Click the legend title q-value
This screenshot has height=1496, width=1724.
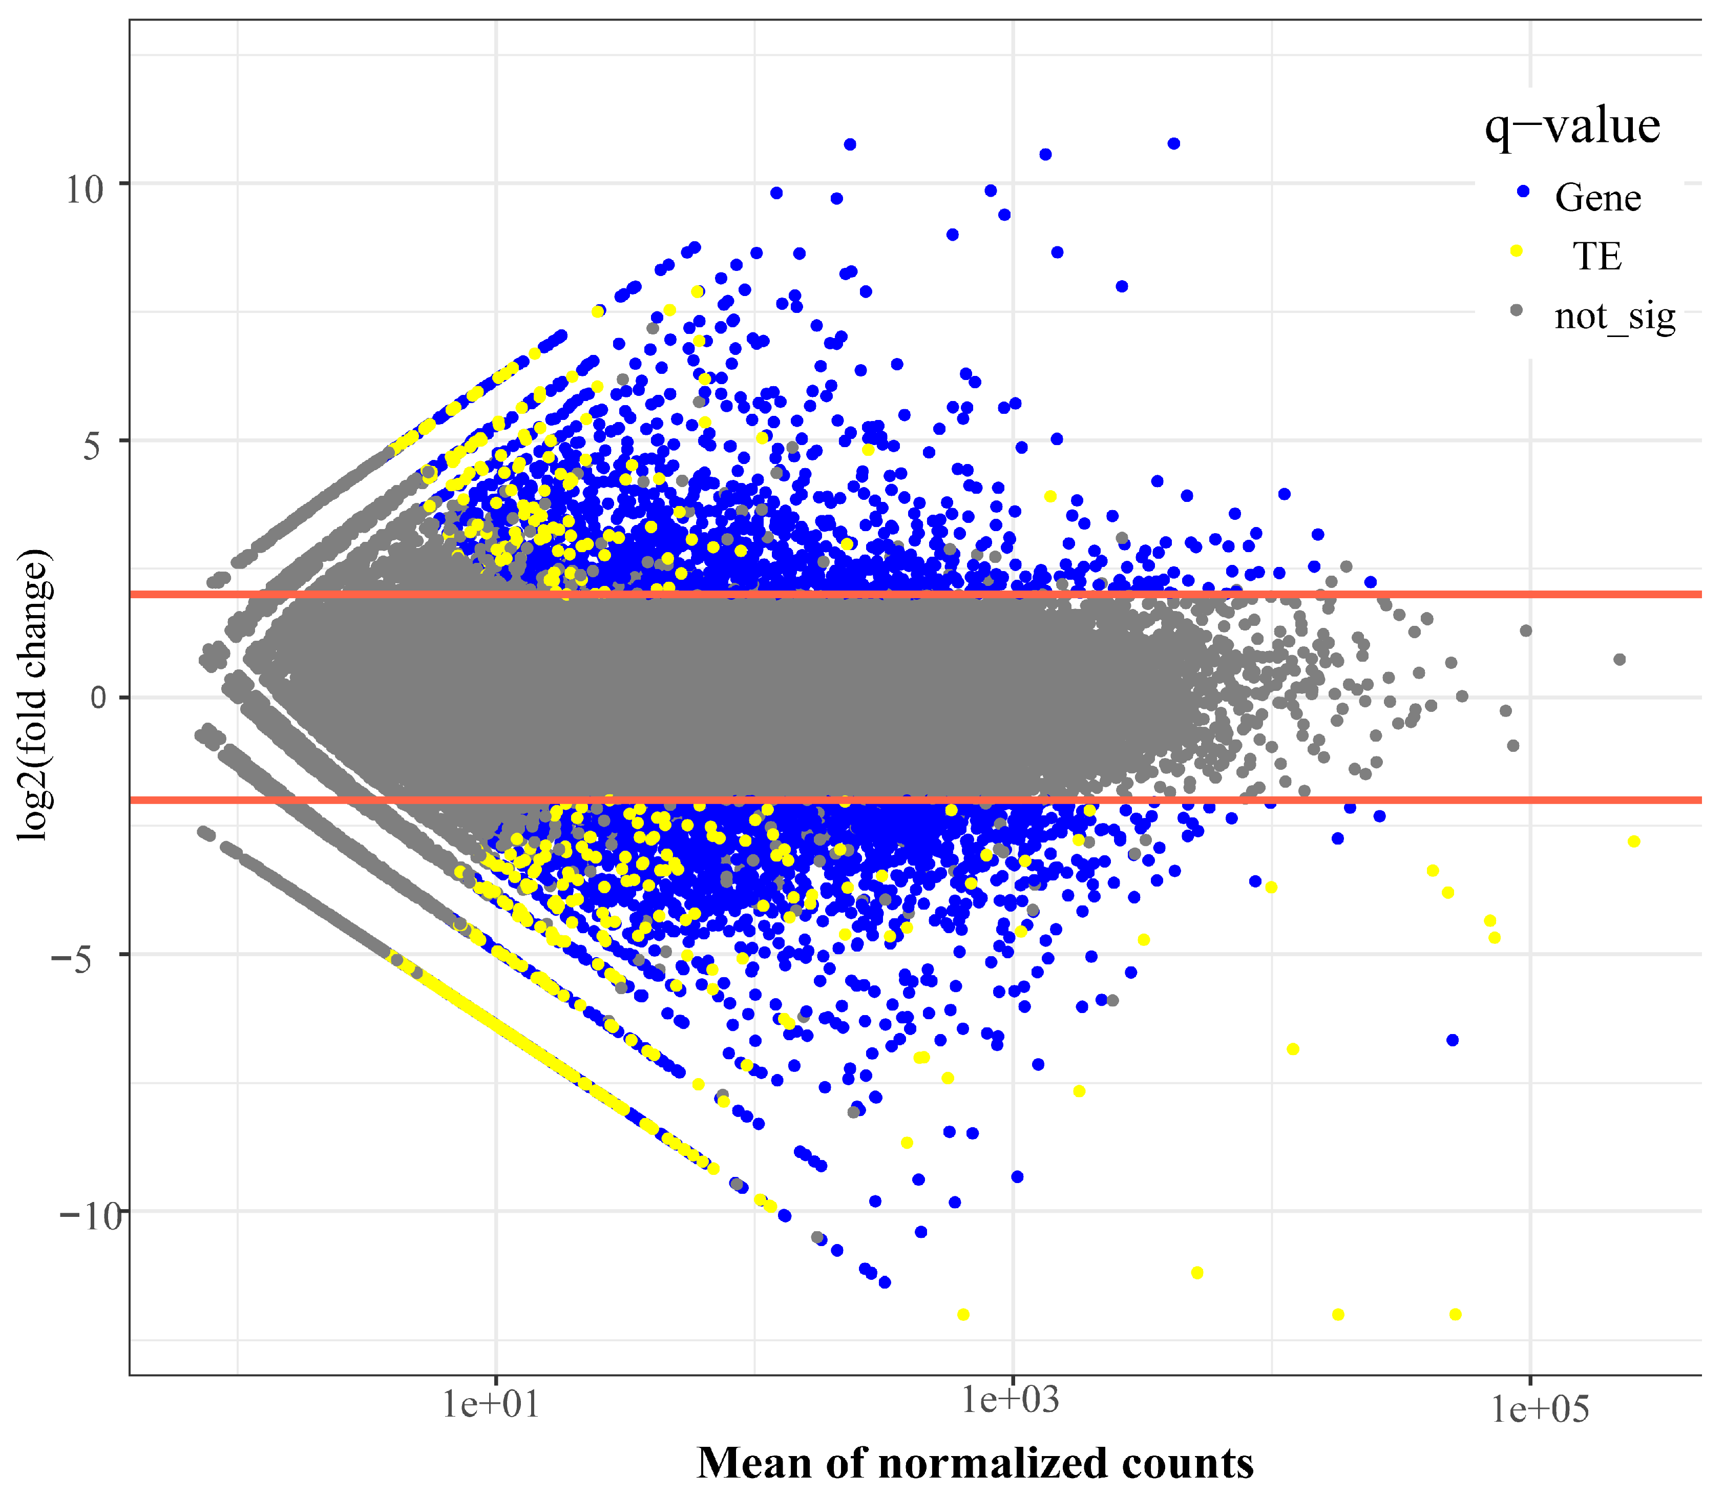[1572, 128]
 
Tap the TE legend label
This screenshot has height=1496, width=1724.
[1597, 256]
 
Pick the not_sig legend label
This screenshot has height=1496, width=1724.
[1614, 317]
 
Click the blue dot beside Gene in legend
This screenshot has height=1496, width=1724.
[1522, 191]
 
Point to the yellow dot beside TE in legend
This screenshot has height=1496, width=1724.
[1517, 250]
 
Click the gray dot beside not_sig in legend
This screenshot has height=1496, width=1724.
[1517, 310]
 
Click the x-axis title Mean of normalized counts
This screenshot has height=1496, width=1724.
[975, 1463]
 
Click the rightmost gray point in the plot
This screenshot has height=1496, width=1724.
[1620, 660]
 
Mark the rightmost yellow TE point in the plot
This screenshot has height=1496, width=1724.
[1634, 841]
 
